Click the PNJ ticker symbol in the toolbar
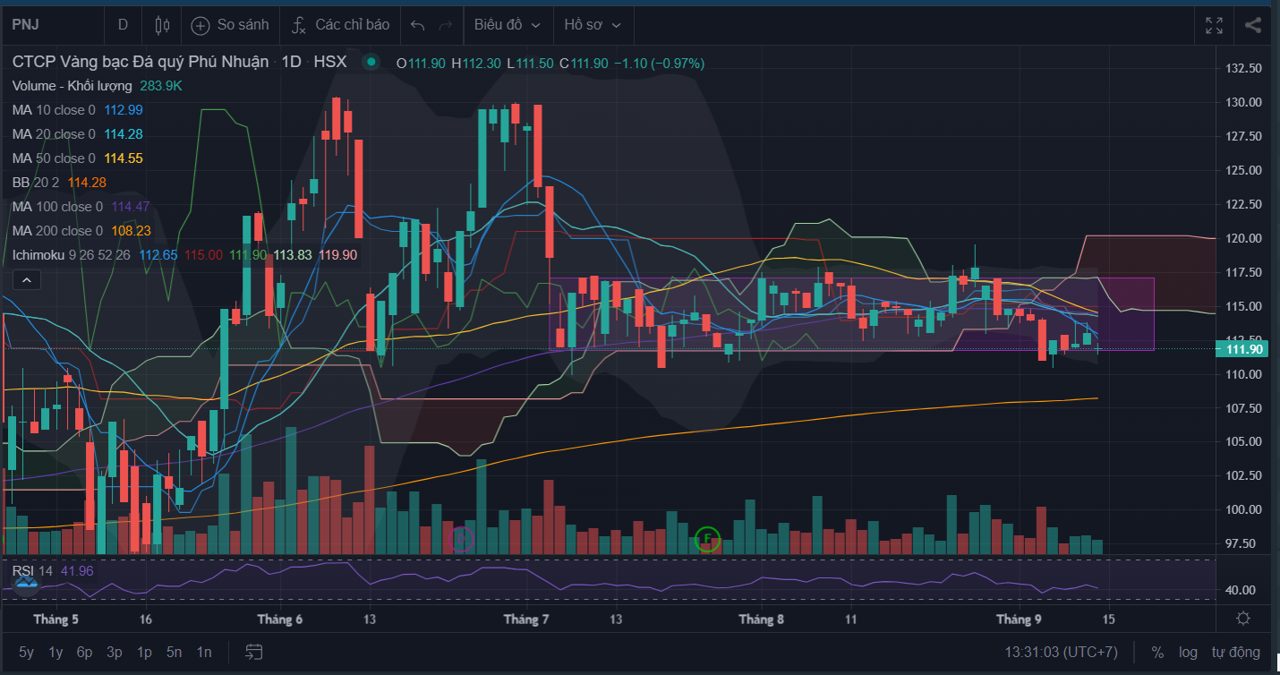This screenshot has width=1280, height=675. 26,24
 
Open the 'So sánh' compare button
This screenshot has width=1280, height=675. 230,24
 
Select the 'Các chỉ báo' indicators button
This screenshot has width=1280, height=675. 340,24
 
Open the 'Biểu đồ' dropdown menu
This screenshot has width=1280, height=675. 507,24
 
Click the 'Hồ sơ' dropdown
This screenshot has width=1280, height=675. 592,24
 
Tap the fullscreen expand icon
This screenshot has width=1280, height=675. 1215,25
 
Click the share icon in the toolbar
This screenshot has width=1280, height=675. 1253,25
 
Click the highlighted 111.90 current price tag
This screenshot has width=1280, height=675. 1242,348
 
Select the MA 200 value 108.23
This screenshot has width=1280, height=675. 131,231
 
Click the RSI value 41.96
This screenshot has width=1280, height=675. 77,571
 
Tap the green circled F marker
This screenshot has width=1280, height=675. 707,538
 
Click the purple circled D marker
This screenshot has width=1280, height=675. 461,538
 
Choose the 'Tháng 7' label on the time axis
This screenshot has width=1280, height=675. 525,619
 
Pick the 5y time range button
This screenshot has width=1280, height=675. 26,652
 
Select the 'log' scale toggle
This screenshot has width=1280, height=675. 1188,652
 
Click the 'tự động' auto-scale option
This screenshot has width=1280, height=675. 1235,652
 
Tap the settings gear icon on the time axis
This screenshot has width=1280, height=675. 1243,619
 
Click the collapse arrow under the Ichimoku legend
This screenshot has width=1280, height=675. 27,280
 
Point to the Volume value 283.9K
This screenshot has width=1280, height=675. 160,86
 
